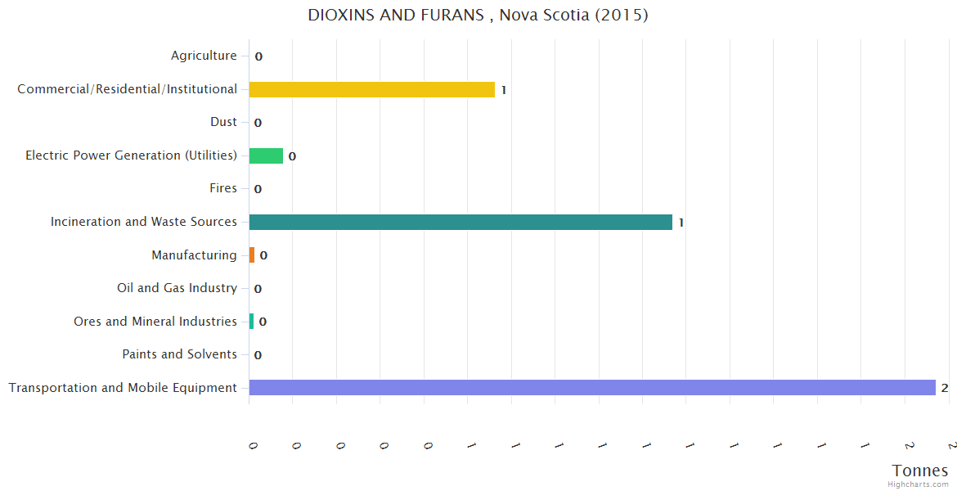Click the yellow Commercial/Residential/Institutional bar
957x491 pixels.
[371, 89]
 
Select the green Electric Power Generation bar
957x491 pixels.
[266, 155]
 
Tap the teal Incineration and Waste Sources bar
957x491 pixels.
[461, 222]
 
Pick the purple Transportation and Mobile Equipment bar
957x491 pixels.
[592, 388]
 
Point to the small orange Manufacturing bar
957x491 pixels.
[252, 255]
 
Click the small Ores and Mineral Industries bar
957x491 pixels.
[251, 322]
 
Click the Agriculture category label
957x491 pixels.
[204, 56]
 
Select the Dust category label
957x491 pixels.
[223, 122]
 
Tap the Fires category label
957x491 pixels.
[223, 188]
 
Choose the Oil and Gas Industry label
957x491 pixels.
[177, 288]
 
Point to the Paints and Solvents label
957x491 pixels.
[179, 354]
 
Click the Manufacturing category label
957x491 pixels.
[194, 255]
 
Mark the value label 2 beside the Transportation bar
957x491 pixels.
[944, 388]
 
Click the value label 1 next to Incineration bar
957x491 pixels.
[681, 223]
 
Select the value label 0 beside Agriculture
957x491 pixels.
[258, 56]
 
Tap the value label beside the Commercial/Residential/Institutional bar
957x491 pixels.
[504, 90]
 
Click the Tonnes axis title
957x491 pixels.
[920, 471]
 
